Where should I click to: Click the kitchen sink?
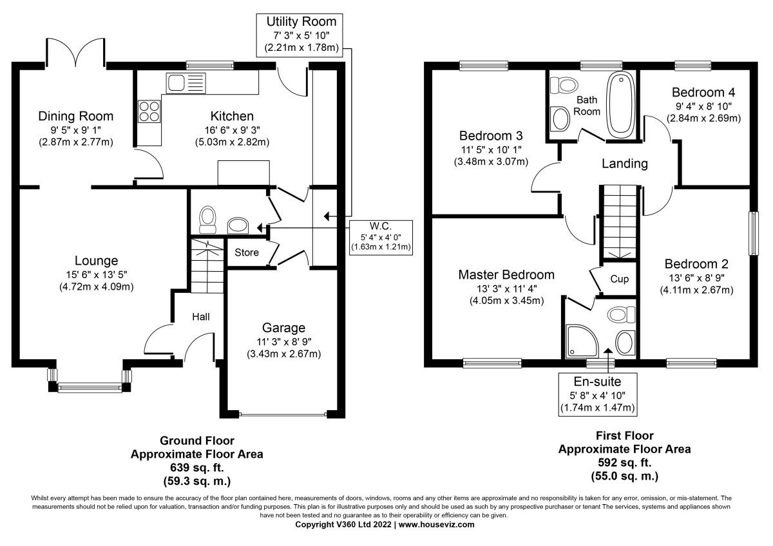pos(184,82)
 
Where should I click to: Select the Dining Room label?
pos(75,117)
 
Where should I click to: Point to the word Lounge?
pos(96,261)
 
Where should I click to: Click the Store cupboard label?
pos(247,252)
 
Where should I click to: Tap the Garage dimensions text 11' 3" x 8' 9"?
pos(283,341)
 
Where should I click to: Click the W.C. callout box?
pos(381,236)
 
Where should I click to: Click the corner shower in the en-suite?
pos(581,340)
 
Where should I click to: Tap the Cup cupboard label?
pos(619,279)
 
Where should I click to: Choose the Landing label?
pos(624,164)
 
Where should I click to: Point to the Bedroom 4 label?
pos(703,92)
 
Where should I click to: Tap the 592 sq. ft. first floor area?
pos(624,462)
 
